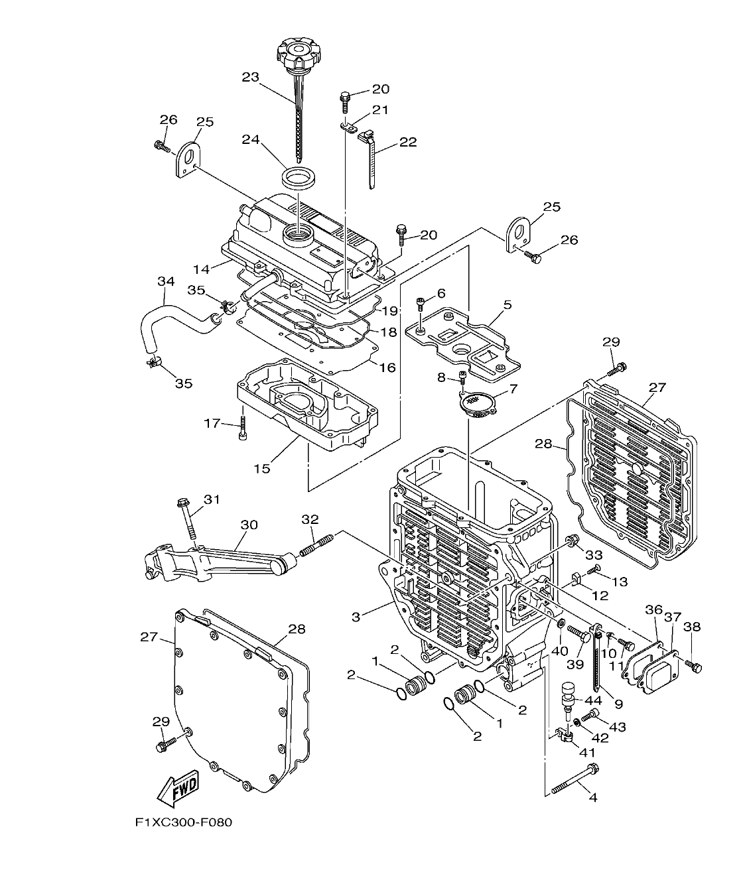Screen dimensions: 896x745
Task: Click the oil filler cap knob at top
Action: (x=298, y=52)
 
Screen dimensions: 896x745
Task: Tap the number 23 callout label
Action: (x=250, y=77)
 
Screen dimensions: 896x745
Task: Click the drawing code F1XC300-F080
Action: (x=183, y=822)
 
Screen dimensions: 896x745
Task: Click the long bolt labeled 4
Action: (x=575, y=779)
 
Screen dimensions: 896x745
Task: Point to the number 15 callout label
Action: (x=262, y=468)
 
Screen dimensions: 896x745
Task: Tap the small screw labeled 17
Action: (x=243, y=428)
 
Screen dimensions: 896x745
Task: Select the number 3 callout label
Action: (x=356, y=617)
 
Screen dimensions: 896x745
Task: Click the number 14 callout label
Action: (x=201, y=269)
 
